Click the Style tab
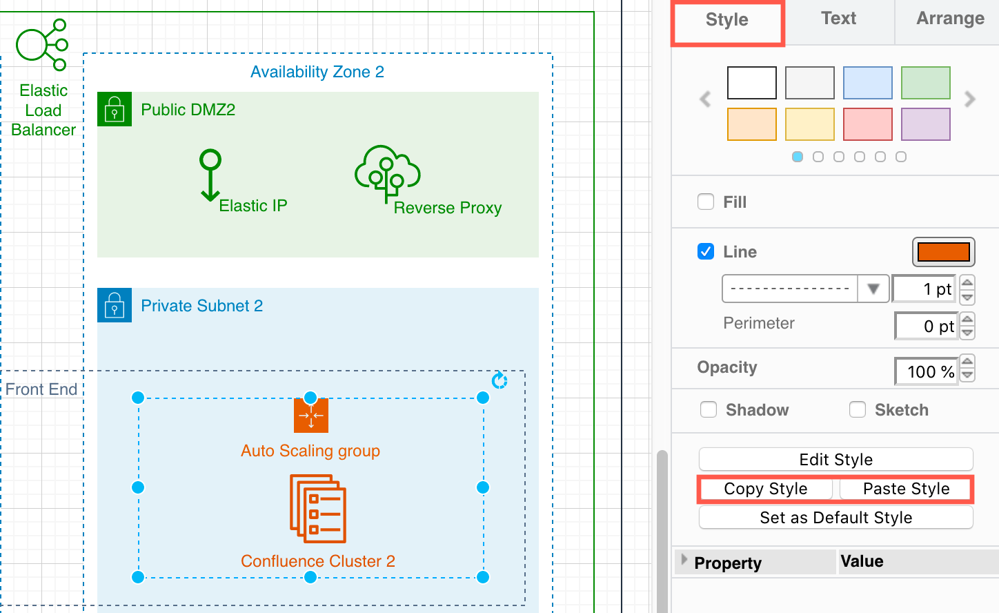(726, 20)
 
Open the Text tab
(838, 19)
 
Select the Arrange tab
(949, 19)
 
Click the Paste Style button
(905, 489)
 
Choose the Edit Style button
(835, 460)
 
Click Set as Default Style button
(835, 518)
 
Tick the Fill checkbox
(706, 202)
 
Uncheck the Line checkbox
(706, 252)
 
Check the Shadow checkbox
(709, 410)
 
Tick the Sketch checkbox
(858, 410)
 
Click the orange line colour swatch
(943, 252)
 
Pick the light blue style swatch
(867, 83)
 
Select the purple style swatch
(925, 124)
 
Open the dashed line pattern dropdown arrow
(873, 289)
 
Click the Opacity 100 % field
(926, 372)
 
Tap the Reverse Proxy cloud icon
(387, 173)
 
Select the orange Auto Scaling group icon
(310, 416)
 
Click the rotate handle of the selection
(499, 380)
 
